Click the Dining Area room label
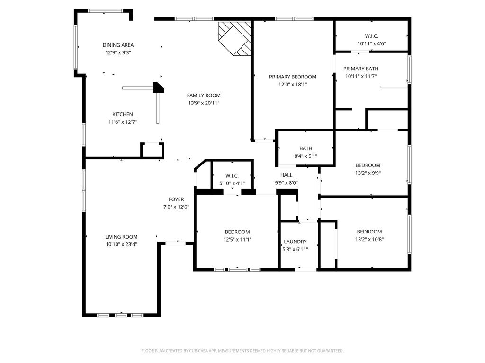(118, 45)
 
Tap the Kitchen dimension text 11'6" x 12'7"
(123, 122)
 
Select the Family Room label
(204, 95)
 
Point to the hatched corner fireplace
(235, 39)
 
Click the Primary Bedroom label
(293, 77)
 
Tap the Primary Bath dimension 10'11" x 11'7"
(360, 76)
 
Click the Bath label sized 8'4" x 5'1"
(305, 148)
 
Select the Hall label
(287, 175)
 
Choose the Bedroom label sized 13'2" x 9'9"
(368, 165)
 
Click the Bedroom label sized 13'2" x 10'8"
(369, 232)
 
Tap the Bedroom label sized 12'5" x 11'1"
(237, 232)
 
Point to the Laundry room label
(295, 242)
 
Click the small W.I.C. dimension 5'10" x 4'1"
(232, 183)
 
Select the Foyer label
(176, 200)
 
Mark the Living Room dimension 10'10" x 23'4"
(121, 244)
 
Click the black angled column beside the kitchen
(158, 87)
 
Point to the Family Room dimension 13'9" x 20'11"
(204, 103)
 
